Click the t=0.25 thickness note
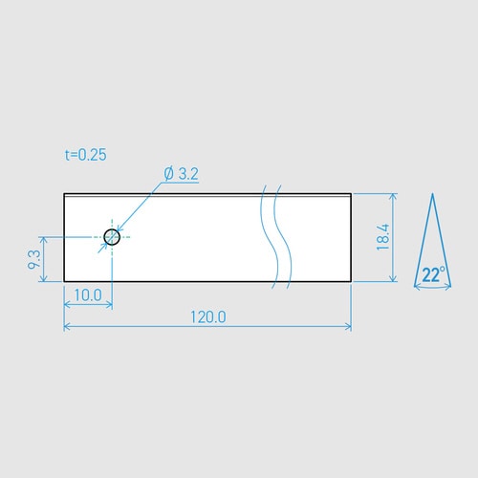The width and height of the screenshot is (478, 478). (x=86, y=154)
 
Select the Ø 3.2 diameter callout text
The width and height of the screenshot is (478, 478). (x=181, y=173)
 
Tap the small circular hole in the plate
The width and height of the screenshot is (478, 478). (x=112, y=236)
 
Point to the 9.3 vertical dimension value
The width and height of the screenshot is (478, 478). (x=34, y=259)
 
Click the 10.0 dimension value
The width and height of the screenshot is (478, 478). (x=87, y=295)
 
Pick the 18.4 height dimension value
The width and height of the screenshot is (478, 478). (x=382, y=237)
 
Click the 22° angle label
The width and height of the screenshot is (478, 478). (x=433, y=274)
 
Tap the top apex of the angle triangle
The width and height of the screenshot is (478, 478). (x=432, y=194)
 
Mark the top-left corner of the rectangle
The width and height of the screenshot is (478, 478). (x=64, y=194)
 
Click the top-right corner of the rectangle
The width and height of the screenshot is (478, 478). (x=351, y=194)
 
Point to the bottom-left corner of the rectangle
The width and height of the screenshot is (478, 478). (x=64, y=281)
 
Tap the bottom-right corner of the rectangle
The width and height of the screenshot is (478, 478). (x=351, y=281)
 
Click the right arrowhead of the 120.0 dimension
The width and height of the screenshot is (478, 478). (x=347, y=327)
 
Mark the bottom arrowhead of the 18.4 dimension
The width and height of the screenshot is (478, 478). (x=393, y=277)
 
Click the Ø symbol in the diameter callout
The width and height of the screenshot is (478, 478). (x=168, y=173)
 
